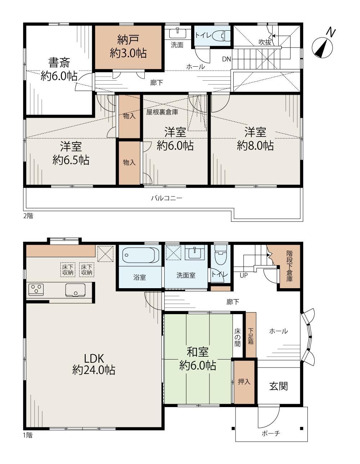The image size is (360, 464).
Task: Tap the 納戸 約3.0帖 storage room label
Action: (x=128, y=46)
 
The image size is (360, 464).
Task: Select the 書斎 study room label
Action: (x=59, y=62)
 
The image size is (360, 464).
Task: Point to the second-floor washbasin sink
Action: (x=177, y=33)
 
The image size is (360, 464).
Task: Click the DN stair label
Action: (x=226, y=59)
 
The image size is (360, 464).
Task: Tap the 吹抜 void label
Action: (x=265, y=42)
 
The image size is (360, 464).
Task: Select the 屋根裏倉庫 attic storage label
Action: (x=162, y=112)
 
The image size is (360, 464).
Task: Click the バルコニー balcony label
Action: (x=167, y=198)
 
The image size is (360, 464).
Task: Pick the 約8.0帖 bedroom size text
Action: (x=255, y=146)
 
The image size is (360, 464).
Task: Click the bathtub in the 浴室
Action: (x=139, y=255)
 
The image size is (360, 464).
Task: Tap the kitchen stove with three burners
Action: (x=36, y=290)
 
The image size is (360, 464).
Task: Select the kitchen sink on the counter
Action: (x=75, y=290)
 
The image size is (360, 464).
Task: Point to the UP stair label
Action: (x=244, y=276)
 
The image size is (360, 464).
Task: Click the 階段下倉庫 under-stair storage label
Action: (x=289, y=266)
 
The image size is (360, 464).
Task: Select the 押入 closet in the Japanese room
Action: (x=244, y=382)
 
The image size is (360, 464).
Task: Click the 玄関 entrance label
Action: (x=279, y=386)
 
